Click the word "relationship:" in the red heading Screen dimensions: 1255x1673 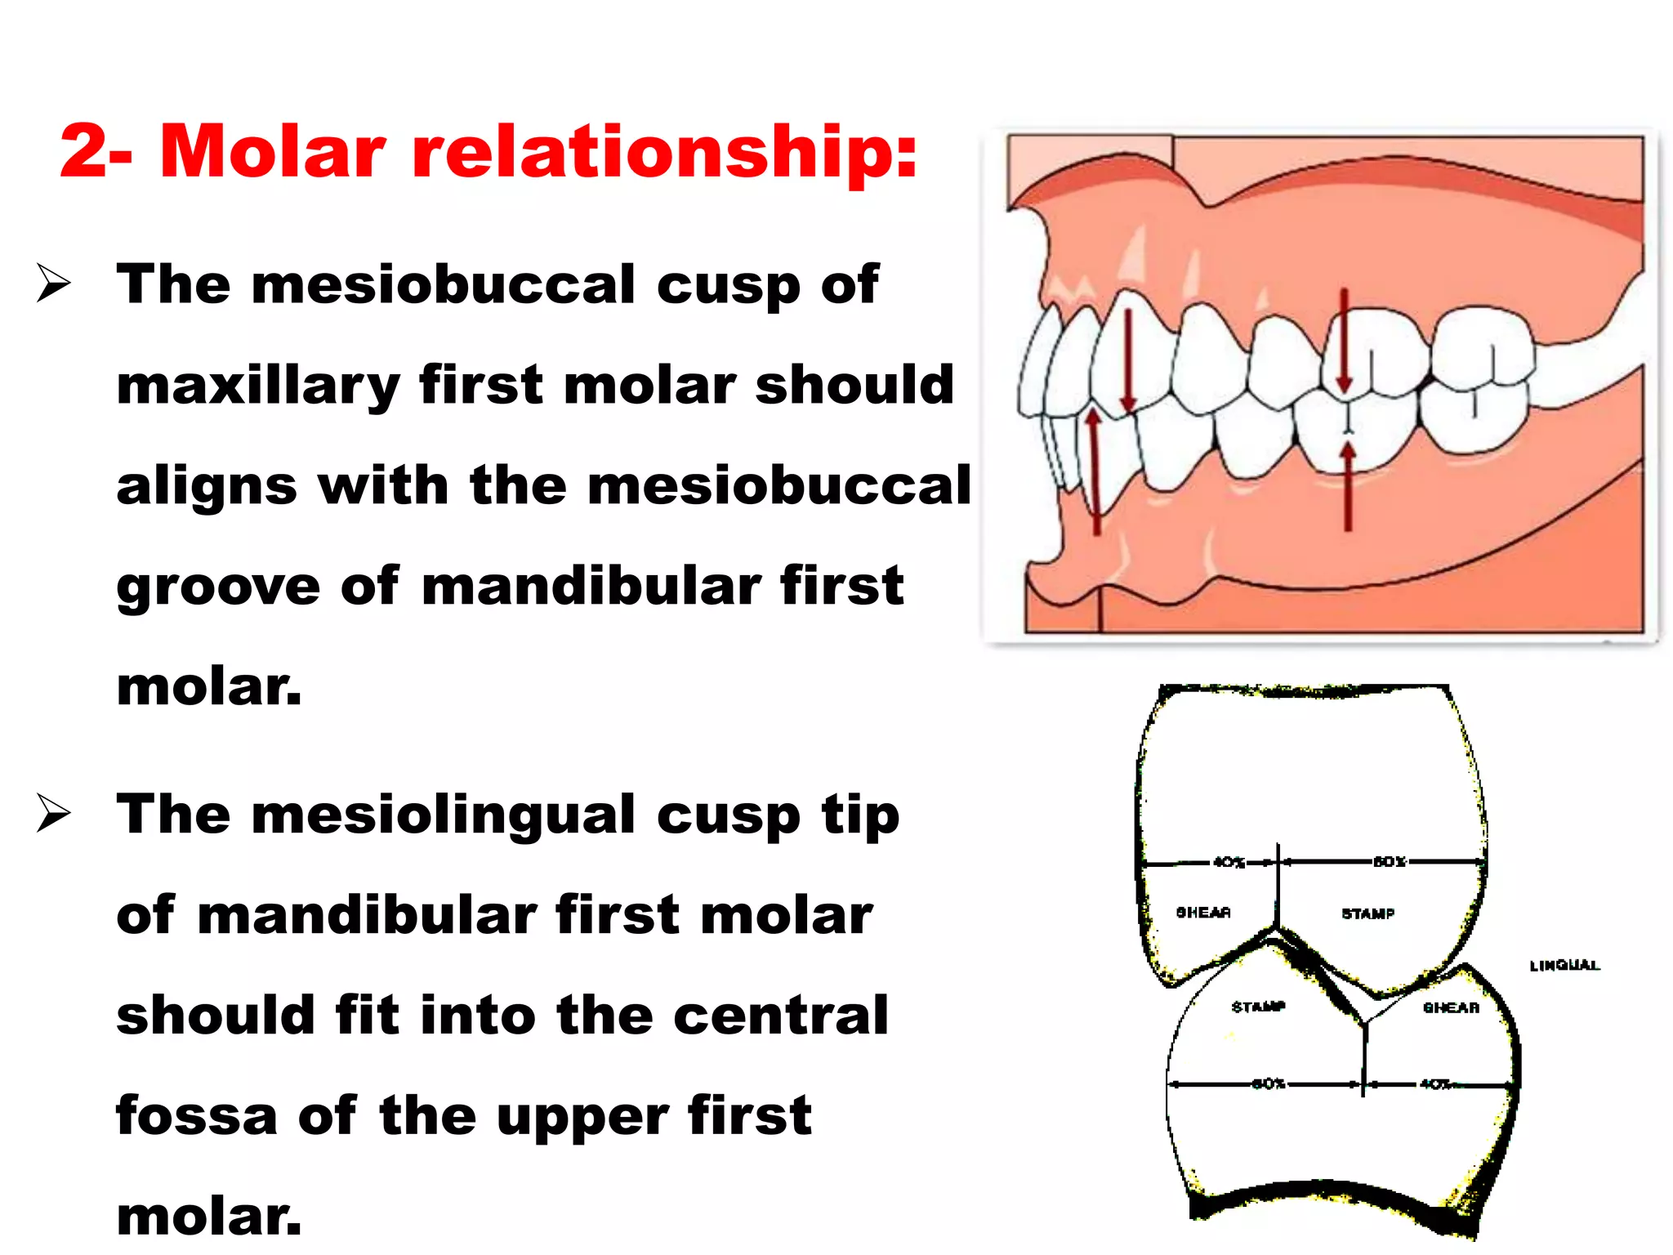pos(665,152)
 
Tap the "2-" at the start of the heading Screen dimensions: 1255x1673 pos(96,152)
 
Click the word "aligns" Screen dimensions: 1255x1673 pos(207,485)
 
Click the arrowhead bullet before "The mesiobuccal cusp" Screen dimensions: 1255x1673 pos(53,284)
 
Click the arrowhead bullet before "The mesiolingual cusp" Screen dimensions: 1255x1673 pos(53,815)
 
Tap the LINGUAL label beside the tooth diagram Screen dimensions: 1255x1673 pos(1564,966)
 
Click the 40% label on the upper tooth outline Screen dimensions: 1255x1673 pos(1228,862)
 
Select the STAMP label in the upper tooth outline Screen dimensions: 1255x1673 pos(1367,913)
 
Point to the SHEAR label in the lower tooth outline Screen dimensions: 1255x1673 pos(1451,1007)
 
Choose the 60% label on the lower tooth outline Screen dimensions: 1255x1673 pos(1269,1084)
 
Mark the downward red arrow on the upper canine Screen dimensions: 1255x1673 pos(1128,360)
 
